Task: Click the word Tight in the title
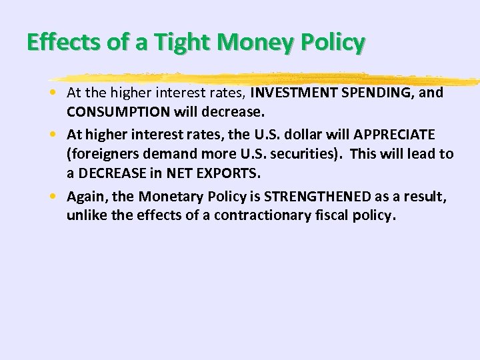[183, 43]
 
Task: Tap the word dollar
[296, 135]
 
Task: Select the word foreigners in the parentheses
[101, 154]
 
